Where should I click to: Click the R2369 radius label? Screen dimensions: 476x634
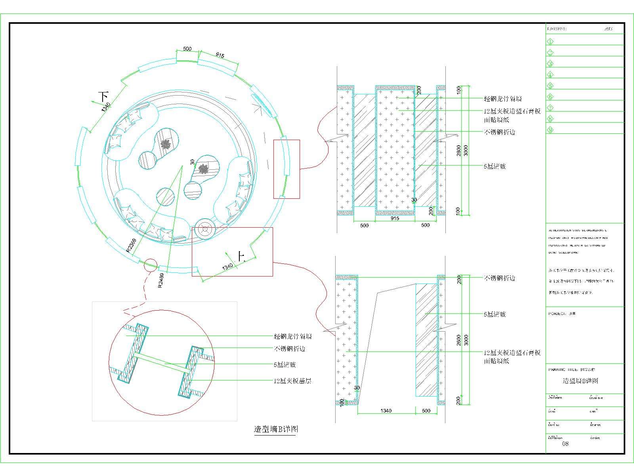[132, 245]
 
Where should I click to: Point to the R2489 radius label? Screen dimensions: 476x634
[161, 280]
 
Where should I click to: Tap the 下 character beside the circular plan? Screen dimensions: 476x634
[104, 96]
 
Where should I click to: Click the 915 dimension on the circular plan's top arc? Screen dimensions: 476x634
[220, 56]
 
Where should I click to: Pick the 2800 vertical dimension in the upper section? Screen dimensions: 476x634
[458, 150]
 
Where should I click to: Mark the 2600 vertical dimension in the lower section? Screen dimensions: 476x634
[458, 340]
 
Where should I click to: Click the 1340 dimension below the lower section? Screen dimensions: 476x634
[386, 411]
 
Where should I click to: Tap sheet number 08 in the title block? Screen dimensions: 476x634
[565, 443]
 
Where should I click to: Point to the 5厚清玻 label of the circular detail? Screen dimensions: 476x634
[285, 365]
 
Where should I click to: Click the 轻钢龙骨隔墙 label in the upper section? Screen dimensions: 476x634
[503, 98]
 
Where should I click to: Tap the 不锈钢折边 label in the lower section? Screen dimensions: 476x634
[499, 278]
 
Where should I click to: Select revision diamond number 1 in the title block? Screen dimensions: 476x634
[550, 41]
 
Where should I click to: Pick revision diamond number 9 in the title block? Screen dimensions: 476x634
[550, 130]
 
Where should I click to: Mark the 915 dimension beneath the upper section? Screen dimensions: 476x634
[395, 218]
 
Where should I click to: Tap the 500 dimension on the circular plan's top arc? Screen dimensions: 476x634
[187, 49]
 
